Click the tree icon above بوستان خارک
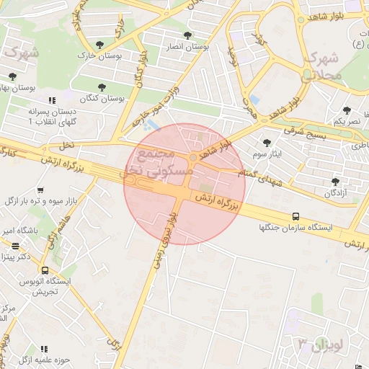click(110, 45)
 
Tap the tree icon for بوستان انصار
click(188, 35)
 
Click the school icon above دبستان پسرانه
click(50, 102)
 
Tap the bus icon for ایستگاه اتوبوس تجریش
click(45, 271)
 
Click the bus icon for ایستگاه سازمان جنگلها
click(295, 216)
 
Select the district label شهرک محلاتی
click(322, 66)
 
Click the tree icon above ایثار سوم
click(267, 143)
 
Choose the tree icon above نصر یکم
click(347, 110)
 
